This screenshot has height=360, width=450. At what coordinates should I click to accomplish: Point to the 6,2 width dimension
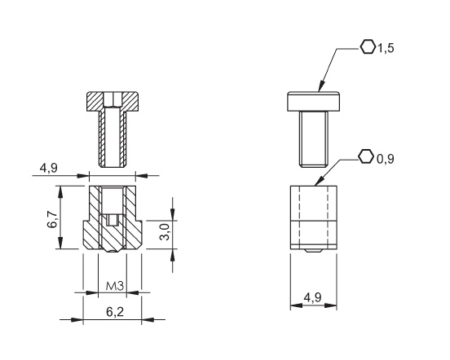coord(112,310)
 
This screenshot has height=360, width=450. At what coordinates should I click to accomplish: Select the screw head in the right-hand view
coord(313,102)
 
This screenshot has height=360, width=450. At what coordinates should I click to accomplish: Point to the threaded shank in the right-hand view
coord(313,138)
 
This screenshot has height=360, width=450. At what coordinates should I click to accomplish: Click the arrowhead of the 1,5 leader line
coord(320,90)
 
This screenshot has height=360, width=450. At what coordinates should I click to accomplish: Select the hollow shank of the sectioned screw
coord(112,138)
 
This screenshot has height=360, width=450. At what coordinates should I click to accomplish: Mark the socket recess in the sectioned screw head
coord(112,100)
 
